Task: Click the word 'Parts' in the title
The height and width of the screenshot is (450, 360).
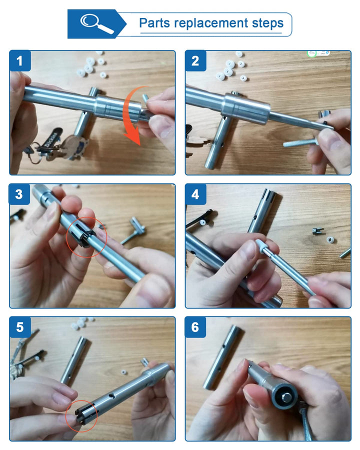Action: pyautogui.click(x=154, y=23)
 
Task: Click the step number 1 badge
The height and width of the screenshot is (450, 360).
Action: pyautogui.click(x=20, y=61)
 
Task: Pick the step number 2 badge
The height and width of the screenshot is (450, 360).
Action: pyautogui.click(x=195, y=61)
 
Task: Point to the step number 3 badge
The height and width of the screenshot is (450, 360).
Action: pyautogui.click(x=19, y=194)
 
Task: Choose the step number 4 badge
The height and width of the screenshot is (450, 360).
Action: pyautogui.click(x=195, y=194)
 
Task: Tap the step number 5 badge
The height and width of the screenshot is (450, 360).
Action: pyautogui.click(x=20, y=327)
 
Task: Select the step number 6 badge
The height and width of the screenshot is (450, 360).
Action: pyautogui.click(x=195, y=327)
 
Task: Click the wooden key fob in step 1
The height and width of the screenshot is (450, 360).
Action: pyautogui.click(x=73, y=147)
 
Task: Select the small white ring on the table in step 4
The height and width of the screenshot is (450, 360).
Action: pyautogui.click(x=330, y=239)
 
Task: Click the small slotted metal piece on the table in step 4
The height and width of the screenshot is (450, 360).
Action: pyautogui.click(x=318, y=230)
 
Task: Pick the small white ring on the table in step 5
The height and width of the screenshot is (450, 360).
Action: pyautogui.click(x=124, y=372)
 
